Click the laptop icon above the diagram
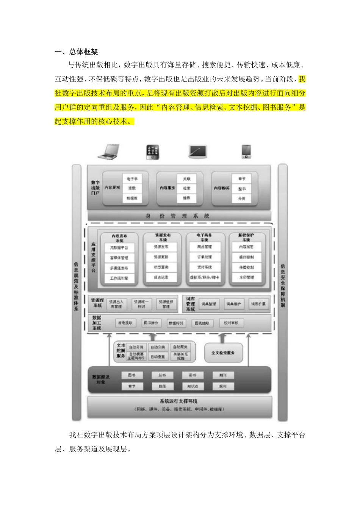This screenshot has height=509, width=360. tap(108, 152)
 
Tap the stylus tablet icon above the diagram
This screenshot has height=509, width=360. tap(197, 152)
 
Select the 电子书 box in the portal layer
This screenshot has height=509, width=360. tap(132, 179)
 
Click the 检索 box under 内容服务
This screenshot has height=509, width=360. tap(186, 188)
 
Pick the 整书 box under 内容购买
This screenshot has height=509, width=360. tap(241, 189)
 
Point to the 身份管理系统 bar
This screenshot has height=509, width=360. tap(179, 216)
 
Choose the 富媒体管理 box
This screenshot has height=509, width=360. tap(119, 258)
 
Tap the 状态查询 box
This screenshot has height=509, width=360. tap(161, 267)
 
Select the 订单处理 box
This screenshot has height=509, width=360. tap(204, 257)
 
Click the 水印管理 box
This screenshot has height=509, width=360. tap(246, 278)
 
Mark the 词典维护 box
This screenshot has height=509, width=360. tap(233, 304)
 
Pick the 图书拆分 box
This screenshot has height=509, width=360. tap(150, 323)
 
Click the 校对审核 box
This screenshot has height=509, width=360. tap(231, 323)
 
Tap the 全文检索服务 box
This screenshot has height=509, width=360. tap(223, 353)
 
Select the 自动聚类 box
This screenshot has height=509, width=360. tap(180, 347)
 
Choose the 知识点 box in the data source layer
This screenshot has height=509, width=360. tap(193, 386)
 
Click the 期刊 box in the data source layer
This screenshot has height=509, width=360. tap(223, 375)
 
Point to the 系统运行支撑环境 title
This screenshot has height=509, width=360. tap(178, 401)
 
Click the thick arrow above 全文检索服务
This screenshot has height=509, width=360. tap(223, 338)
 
